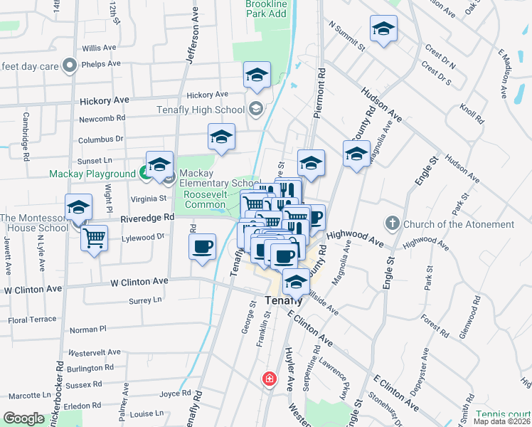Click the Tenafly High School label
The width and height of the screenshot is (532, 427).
point(201,110)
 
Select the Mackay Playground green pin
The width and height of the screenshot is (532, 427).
point(144,173)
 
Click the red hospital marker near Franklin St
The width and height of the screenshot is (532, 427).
point(269,379)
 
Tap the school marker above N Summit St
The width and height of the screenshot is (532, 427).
point(383,29)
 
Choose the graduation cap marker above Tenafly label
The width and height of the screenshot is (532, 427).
point(296,281)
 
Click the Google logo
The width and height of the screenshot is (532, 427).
point(23,418)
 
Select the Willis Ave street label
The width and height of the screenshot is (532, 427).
point(99,48)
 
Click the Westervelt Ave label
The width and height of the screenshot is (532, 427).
point(96,352)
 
